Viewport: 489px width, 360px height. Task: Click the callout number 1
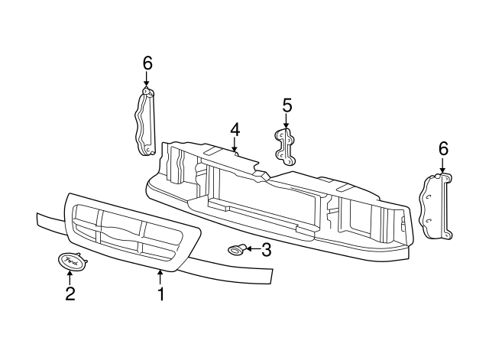[x=160, y=294]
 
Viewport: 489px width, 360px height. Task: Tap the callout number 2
[x=70, y=294]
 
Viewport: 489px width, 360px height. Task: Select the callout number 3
[x=266, y=248]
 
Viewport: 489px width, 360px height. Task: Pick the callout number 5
[x=287, y=104]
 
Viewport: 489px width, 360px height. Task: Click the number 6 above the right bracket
[x=443, y=149]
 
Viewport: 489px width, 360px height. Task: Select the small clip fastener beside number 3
[x=237, y=248]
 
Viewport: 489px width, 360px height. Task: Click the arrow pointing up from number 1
[x=160, y=277]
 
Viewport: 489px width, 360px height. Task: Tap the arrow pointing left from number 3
[x=252, y=248]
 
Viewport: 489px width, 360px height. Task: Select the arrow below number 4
[x=235, y=145]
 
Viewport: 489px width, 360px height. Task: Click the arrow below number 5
[x=287, y=121]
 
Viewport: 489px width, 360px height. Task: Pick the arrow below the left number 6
[x=147, y=80]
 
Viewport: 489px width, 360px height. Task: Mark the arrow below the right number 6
[x=443, y=166]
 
